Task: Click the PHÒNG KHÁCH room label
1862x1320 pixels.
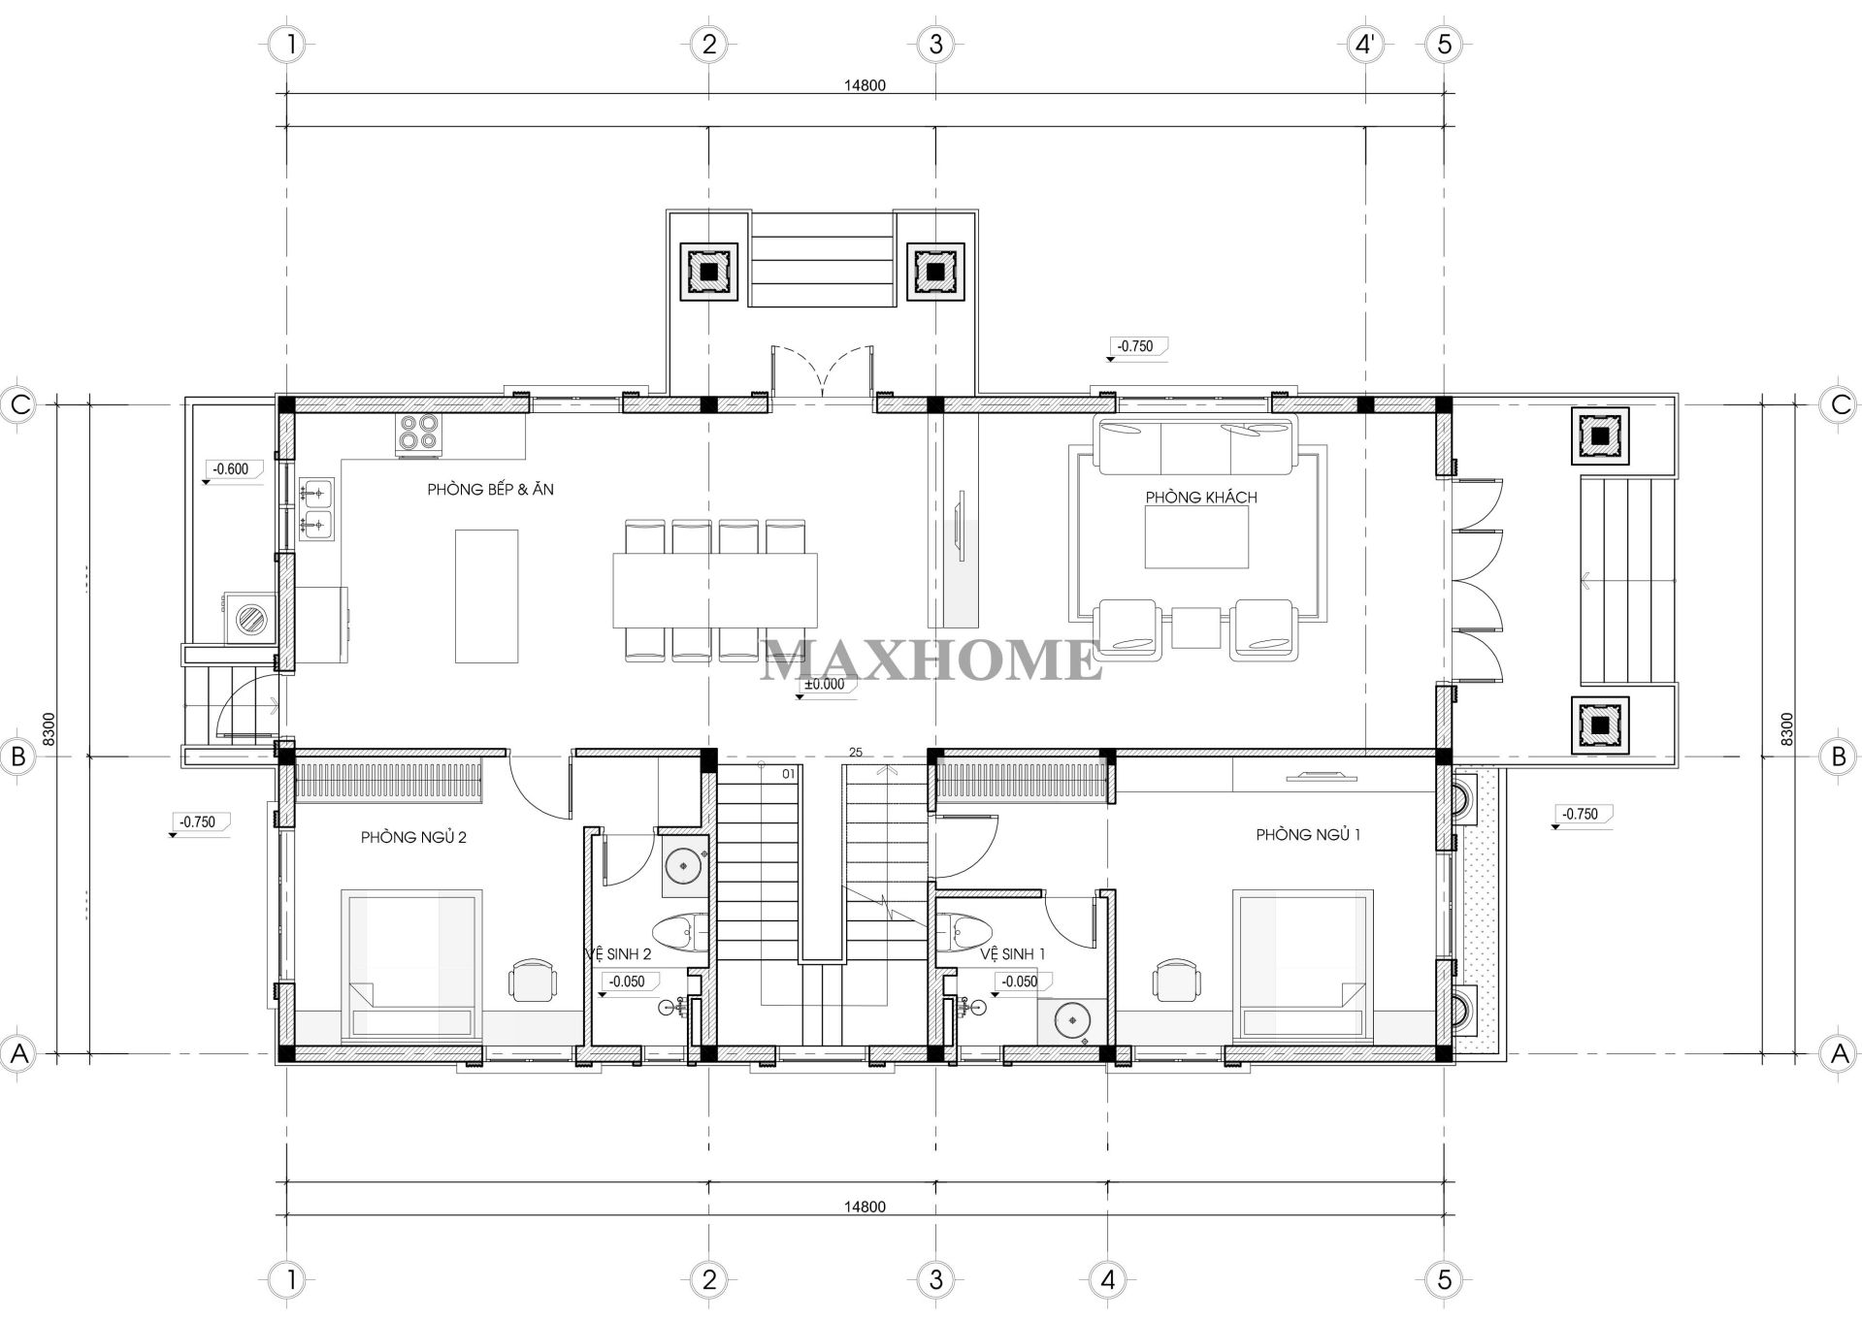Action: (x=1200, y=498)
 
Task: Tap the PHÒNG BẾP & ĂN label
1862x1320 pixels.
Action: (x=490, y=490)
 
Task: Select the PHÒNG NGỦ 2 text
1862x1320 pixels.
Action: (x=413, y=837)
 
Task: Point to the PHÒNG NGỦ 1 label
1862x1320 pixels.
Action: (x=1307, y=834)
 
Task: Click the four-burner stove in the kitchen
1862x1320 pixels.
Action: (x=418, y=434)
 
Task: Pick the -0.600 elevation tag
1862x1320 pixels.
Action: (x=231, y=469)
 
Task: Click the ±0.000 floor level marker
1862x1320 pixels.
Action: (x=824, y=684)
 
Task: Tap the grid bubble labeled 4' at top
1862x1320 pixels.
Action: (x=1365, y=44)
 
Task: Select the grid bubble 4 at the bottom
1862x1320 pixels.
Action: (x=1107, y=1279)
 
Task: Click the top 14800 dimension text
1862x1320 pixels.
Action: (x=864, y=85)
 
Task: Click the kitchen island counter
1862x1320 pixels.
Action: (x=486, y=596)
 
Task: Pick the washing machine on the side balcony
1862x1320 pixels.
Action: (x=251, y=617)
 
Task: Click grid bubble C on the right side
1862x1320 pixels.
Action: (x=1840, y=404)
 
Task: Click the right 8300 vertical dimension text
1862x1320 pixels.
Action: (x=1787, y=729)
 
